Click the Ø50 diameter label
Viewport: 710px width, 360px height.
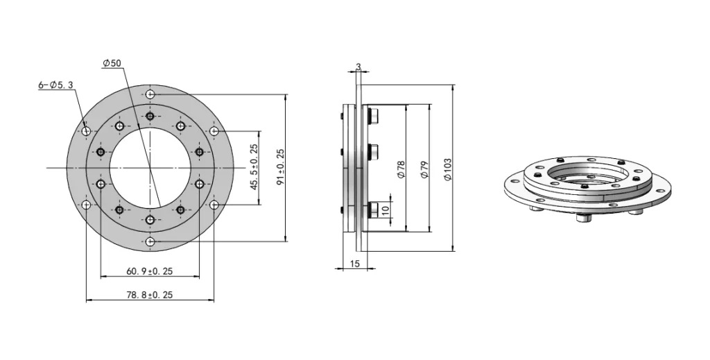coord(112,63)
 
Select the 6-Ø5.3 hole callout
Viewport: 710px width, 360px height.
coord(55,85)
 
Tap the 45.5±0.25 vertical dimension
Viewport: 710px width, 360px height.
coord(254,167)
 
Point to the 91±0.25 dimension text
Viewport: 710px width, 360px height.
coord(280,167)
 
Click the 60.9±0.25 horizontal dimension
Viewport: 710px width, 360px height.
coord(149,271)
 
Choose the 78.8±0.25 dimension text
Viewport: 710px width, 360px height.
coord(149,295)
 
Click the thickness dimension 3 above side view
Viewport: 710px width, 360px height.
coord(358,67)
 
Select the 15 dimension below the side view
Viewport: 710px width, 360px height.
coord(354,264)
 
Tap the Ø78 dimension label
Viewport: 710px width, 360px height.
coord(401,169)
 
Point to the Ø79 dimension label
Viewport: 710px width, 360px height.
coord(424,169)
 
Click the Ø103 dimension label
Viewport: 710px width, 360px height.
coord(447,169)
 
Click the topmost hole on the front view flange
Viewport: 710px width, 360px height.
coord(150,94)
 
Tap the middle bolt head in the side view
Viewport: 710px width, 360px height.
coord(373,151)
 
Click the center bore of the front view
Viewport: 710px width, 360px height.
coord(150,168)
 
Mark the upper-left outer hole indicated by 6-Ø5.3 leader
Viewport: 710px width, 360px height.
coord(86,131)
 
